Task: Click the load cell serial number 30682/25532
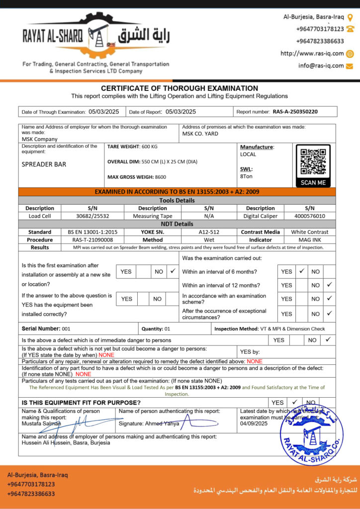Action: tap(92, 216)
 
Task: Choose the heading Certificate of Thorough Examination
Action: tap(180, 88)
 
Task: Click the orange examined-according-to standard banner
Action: tap(177, 191)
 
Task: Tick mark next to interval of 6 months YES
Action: tap(301, 271)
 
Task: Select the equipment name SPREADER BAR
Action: tap(44, 164)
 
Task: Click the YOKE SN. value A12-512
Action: tap(209, 232)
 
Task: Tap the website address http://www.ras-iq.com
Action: tap(312, 54)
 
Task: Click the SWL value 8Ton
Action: tap(246, 175)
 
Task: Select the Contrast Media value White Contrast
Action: tap(309, 232)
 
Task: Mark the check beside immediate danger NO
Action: tap(328, 339)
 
